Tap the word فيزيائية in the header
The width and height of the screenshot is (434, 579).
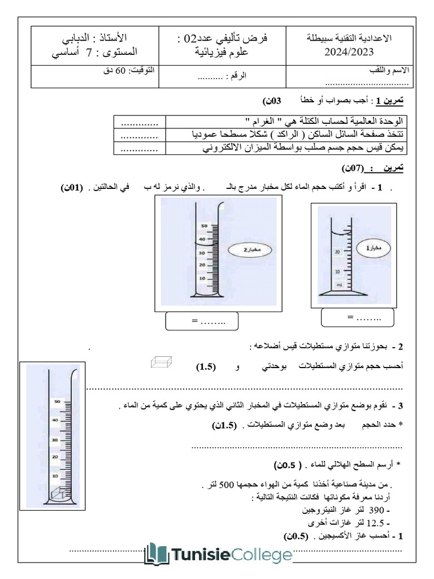[x=199, y=54]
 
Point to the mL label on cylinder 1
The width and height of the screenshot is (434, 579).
[x=340, y=286]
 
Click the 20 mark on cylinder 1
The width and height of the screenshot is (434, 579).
[x=337, y=251]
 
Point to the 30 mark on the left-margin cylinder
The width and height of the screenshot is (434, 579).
[x=55, y=439]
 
